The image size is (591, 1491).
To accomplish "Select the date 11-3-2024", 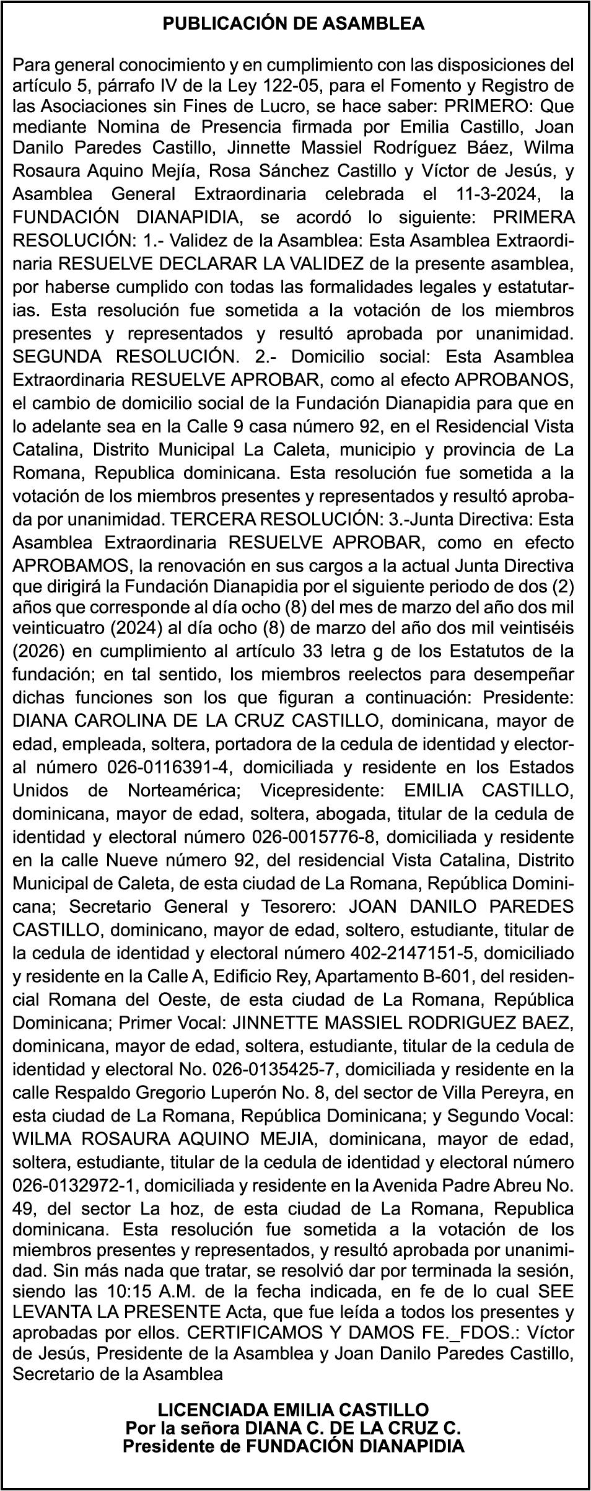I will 492,194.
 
